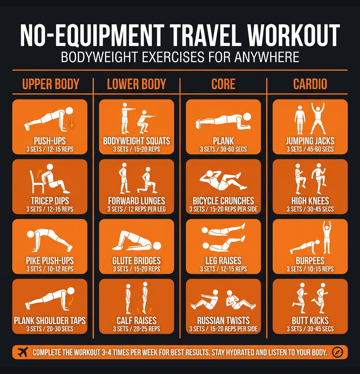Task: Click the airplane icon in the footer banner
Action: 23,352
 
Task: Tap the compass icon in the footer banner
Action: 337,352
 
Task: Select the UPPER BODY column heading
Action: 51,84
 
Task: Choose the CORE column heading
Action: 223,84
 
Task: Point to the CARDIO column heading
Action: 310,84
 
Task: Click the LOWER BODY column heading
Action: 137,84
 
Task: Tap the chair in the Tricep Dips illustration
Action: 36,182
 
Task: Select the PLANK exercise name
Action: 223,141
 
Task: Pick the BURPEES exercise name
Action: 310,261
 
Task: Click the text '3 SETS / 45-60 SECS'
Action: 310,149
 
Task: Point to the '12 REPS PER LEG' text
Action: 147,209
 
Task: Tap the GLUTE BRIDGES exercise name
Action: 137,261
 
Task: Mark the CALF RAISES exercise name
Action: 137,321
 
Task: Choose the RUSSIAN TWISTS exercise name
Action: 223,321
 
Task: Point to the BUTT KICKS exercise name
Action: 310,321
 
